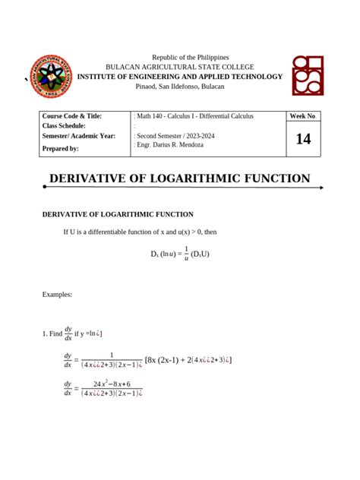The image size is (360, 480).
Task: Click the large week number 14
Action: coord(303,139)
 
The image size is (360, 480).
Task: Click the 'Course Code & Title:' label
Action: coord(72,116)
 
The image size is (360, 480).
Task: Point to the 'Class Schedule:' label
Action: coord(64,125)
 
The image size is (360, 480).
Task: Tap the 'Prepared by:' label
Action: coord(61,149)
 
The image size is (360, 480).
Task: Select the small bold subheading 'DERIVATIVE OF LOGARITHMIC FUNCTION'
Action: coord(118,215)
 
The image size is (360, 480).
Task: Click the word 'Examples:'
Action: coord(57,294)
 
